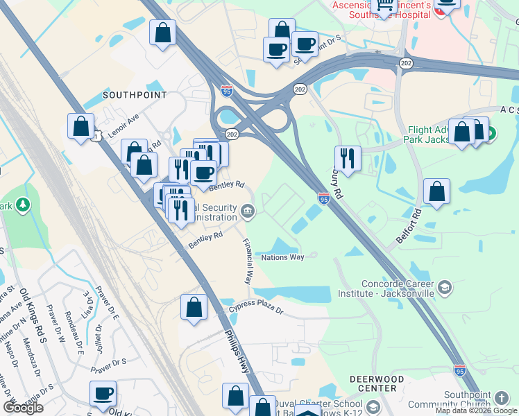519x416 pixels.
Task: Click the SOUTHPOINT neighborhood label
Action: [135, 94]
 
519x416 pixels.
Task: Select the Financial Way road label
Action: [247, 261]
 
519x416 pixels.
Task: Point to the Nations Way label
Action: [282, 257]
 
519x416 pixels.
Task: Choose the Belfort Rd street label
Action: [409, 225]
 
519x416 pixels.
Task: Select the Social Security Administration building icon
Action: [248, 209]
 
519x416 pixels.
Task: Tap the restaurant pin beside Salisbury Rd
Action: [348, 159]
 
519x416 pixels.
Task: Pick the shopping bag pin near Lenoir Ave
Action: [81, 127]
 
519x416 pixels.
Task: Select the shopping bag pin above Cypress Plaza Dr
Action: [194, 307]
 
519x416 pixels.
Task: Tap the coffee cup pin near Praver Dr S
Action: [103, 394]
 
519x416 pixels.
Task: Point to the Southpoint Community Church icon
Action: [502, 398]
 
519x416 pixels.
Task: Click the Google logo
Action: [23, 408]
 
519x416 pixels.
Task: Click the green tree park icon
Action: [24, 205]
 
